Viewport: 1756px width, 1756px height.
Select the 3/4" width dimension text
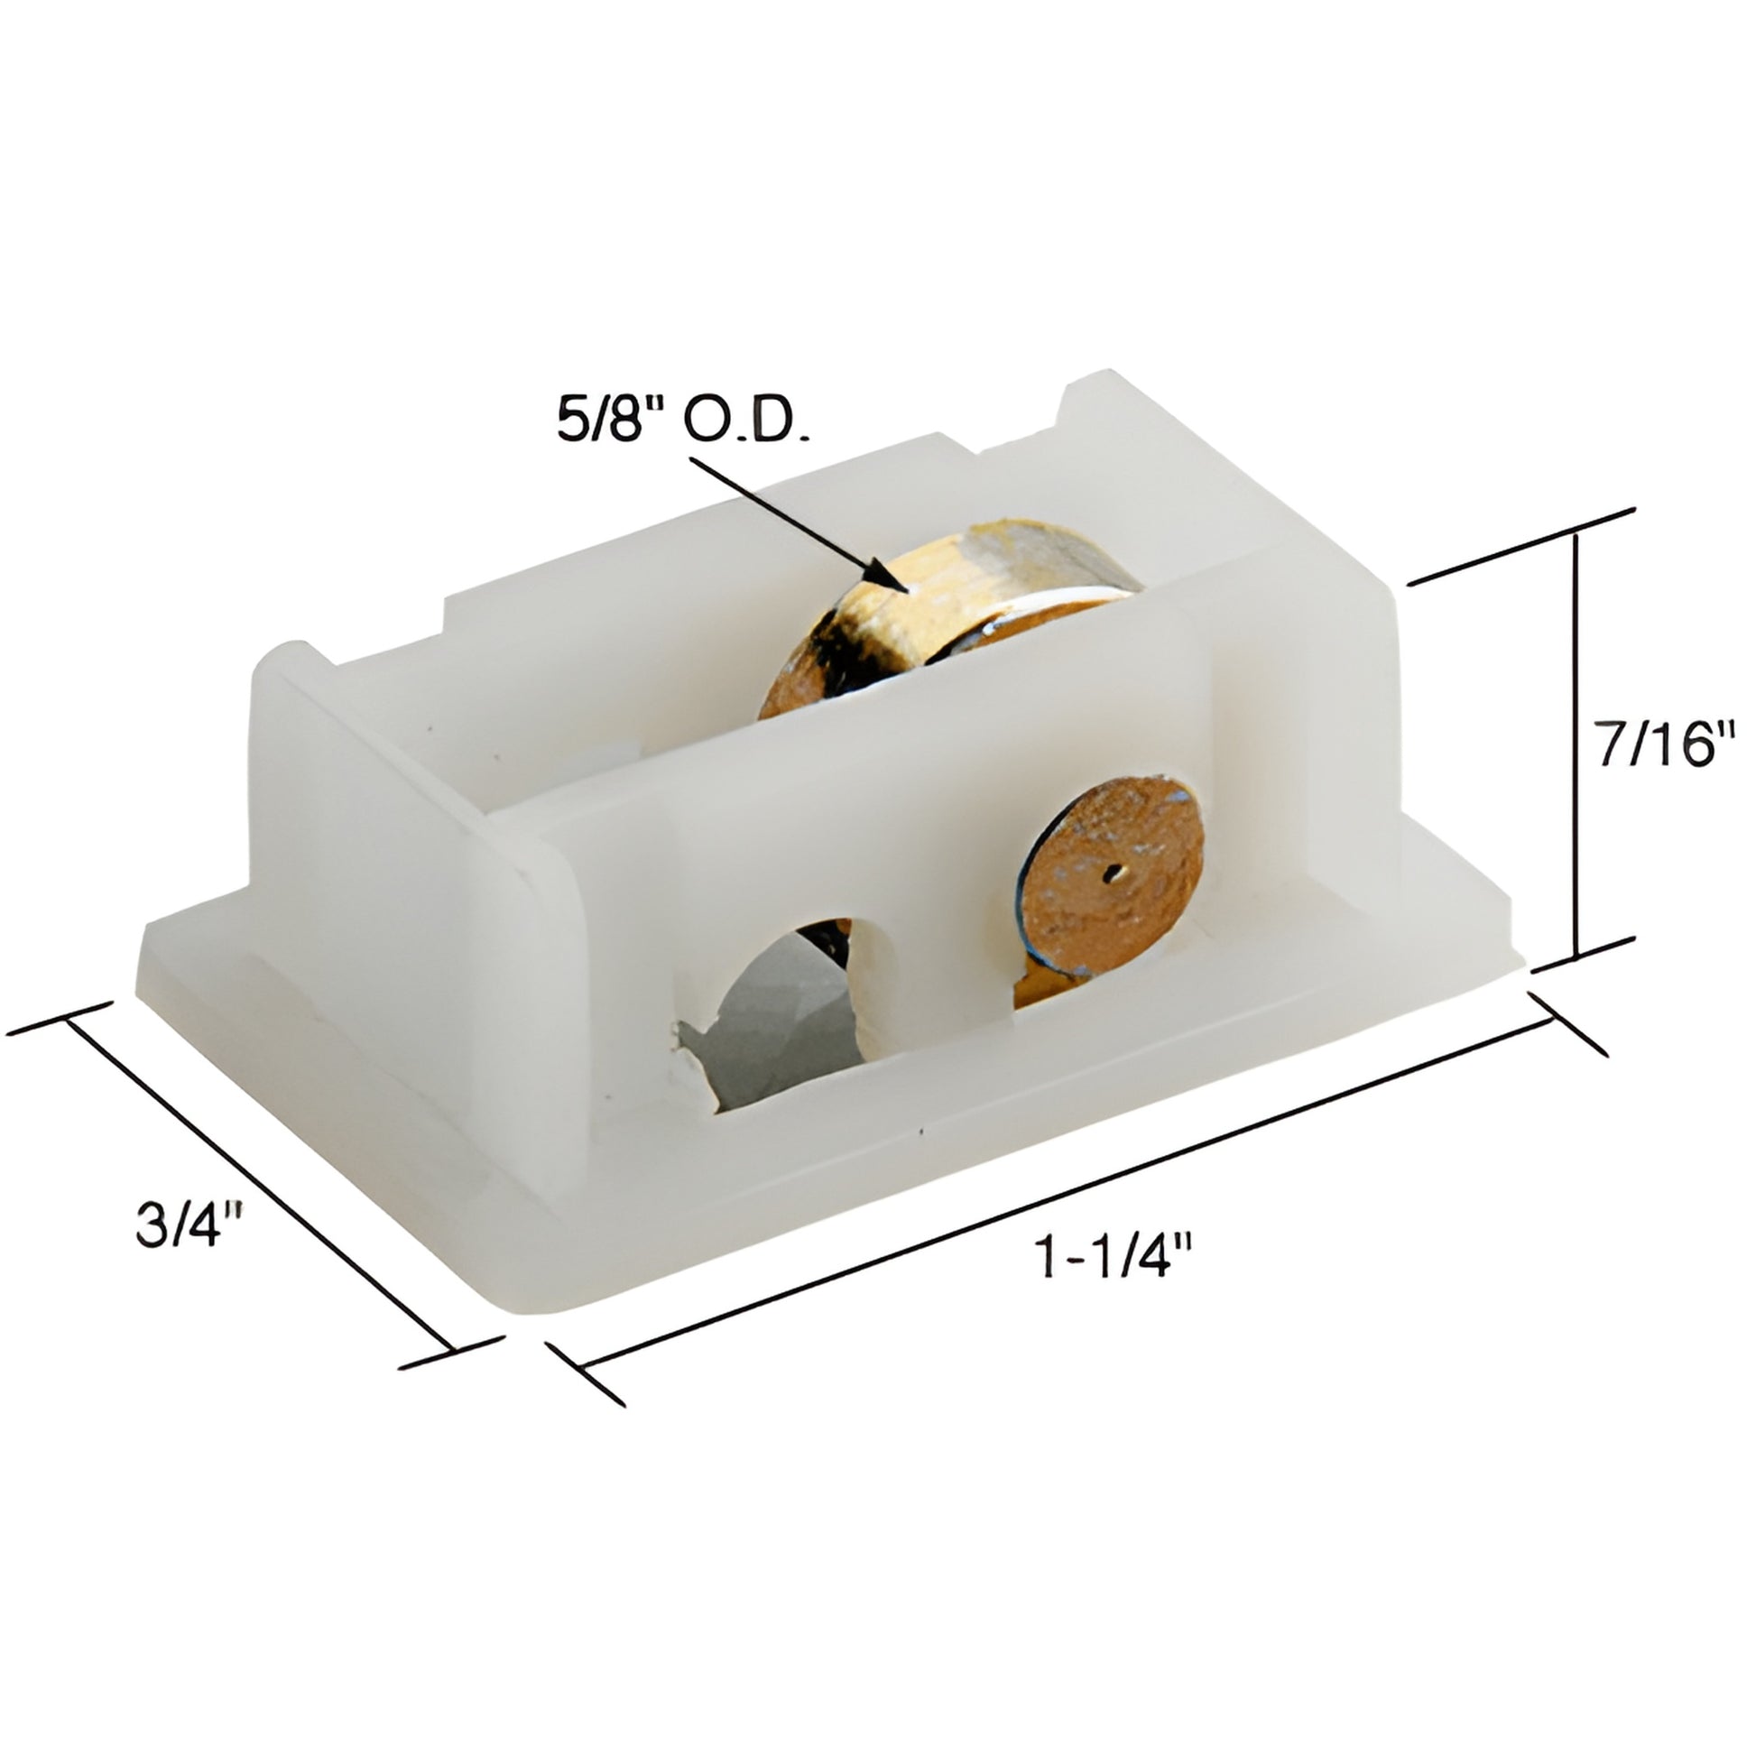(x=189, y=1226)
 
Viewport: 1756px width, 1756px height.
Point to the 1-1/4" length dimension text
(x=1114, y=1258)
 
